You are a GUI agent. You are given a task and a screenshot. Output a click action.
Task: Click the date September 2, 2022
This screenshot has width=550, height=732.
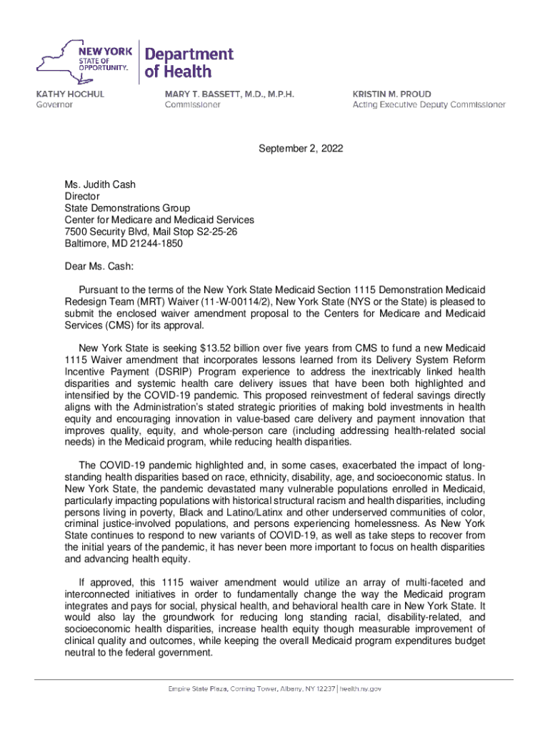click(301, 149)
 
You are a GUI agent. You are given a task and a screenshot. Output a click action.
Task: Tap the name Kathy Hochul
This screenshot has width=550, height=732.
click(69, 94)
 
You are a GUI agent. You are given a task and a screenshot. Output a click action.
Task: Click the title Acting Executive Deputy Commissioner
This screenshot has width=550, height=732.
click(429, 104)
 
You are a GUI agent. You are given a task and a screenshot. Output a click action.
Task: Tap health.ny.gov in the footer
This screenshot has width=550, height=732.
click(361, 688)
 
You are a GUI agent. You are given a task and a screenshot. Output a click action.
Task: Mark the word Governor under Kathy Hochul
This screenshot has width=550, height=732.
click(55, 104)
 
